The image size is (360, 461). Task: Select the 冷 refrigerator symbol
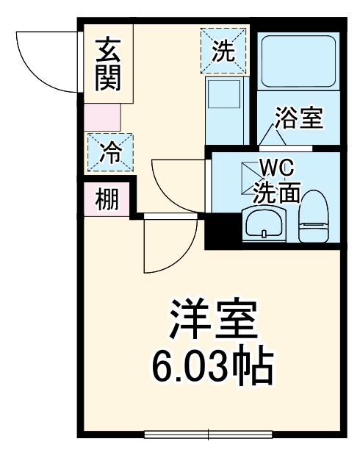(110, 152)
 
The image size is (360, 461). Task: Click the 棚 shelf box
(107, 199)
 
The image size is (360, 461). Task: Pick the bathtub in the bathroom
(298, 63)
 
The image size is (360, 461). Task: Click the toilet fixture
(314, 218)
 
